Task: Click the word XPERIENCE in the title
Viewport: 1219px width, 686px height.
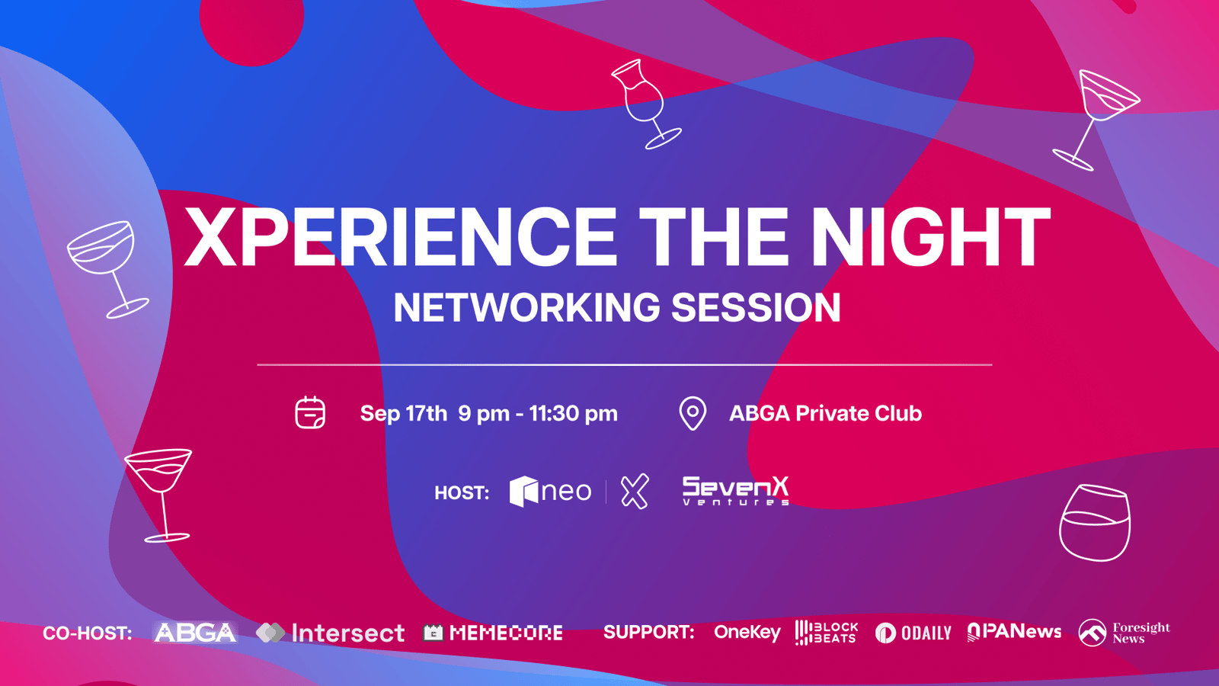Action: pyautogui.click(x=400, y=237)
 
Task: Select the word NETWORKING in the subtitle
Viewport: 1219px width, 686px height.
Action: pyautogui.click(x=526, y=307)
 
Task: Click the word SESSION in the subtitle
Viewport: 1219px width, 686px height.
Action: pyautogui.click(x=756, y=307)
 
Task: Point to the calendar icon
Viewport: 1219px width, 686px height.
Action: pyautogui.click(x=310, y=412)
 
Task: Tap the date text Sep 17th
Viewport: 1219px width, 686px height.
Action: pyautogui.click(x=403, y=413)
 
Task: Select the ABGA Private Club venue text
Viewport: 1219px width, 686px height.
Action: pyautogui.click(x=825, y=413)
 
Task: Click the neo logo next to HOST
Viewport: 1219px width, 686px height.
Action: pyautogui.click(x=550, y=491)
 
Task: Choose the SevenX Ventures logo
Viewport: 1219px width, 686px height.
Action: pyautogui.click(x=736, y=491)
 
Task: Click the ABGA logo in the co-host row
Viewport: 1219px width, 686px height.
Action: pyautogui.click(x=195, y=633)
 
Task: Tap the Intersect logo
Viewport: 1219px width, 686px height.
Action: pyautogui.click(x=331, y=633)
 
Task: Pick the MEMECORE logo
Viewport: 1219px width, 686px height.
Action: pyautogui.click(x=492, y=633)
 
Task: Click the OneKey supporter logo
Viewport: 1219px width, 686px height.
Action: pyautogui.click(x=747, y=633)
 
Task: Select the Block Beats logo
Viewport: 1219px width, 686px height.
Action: pyautogui.click(x=826, y=633)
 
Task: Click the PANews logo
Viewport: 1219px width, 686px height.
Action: pyautogui.click(x=1014, y=632)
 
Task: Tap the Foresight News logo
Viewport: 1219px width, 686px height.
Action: pyautogui.click(x=1125, y=633)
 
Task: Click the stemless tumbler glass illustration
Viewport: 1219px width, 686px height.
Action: pyautogui.click(x=1095, y=523)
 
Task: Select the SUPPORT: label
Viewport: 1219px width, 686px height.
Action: pyautogui.click(x=648, y=633)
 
